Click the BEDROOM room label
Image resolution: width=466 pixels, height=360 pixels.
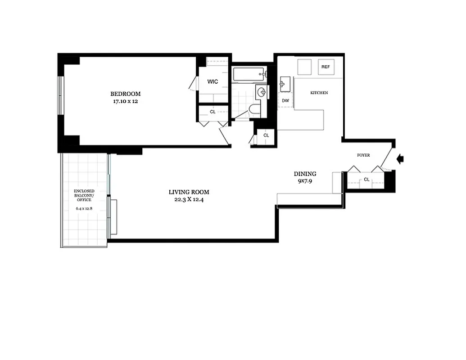pyautogui.click(x=126, y=94)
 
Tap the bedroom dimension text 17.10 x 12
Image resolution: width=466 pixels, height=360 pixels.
pyautogui.click(x=126, y=101)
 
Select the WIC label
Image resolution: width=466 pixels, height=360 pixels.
pyautogui.click(x=213, y=81)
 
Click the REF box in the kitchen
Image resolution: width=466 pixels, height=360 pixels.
pyautogui.click(x=325, y=67)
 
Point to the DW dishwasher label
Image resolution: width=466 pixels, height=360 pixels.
pyautogui.click(x=285, y=101)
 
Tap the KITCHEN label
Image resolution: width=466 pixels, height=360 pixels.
pyautogui.click(x=319, y=93)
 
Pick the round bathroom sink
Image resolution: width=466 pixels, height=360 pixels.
pyautogui.click(x=262, y=92)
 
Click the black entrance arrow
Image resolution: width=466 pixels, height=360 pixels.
pyautogui.click(x=401, y=158)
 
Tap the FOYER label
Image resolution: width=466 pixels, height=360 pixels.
pyautogui.click(x=363, y=155)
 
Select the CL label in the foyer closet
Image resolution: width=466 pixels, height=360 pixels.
pyautogui.click(x=366, y=179)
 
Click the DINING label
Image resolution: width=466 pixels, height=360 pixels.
pyautogui.click(x=305, y=174)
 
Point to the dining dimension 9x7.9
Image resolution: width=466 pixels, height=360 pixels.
pyautogui.click(x=305, y=181)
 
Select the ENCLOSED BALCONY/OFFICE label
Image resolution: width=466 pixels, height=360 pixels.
pyautogui.click(x=84, y=195)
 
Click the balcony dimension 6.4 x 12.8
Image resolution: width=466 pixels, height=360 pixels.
pyautogui.click(x=84, y=209)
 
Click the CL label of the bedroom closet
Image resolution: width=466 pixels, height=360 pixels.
pyautogui.click(x=213, y=112)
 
